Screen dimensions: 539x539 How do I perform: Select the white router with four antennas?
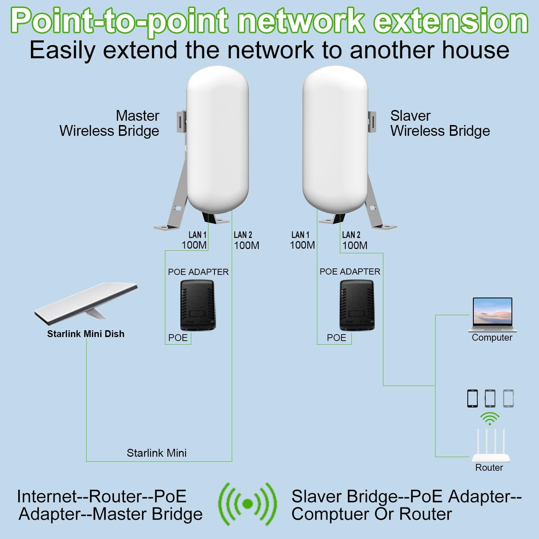click(x=490, y=447)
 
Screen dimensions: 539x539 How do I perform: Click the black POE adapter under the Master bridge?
click(x=198, y=305)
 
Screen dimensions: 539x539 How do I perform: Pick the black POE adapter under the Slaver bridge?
click(x=357, y=305)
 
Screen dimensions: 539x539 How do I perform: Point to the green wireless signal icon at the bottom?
click(x=248, y=504)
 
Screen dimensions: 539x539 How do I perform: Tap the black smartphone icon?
click(x=473, y=398)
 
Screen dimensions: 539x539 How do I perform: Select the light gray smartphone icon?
click(x=508, y=398)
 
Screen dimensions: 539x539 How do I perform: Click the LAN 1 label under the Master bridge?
click(x=197, y=235)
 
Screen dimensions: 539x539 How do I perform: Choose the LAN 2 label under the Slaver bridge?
click(x=351, y=235)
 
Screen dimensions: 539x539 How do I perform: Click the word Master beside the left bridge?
click(x=137, y=116)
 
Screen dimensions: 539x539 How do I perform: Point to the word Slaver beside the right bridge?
click(x=410, y=116)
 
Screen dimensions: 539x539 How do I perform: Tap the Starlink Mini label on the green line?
click(x=157, y=453)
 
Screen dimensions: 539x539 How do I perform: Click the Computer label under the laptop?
click(x=492, y=337)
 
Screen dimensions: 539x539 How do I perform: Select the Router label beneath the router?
click(x=489, y=467)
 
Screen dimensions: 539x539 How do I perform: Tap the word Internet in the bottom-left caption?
click(x=50, y=496)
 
